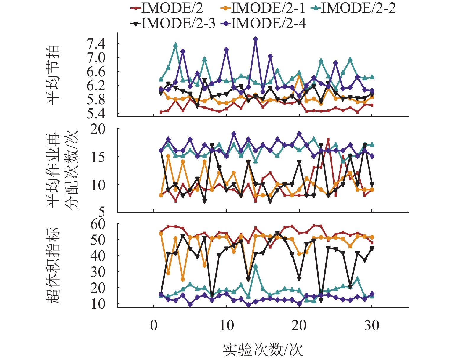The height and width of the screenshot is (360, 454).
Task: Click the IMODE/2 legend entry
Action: [x=167, y=8]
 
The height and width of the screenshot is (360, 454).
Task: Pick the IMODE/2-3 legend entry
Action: [x=173, y=23]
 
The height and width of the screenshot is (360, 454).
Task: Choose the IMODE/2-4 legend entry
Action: [x=263, y=23]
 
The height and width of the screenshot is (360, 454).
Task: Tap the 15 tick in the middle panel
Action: [x=98, y=157]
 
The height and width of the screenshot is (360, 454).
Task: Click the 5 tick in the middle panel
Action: [x=101, y=212]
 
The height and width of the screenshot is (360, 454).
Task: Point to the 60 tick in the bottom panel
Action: [x=98, y=224]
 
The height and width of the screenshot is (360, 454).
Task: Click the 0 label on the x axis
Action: [x=154, y=326]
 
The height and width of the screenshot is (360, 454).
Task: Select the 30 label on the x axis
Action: [x=372, y=326]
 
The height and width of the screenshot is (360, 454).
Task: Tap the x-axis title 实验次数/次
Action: [x=263, y=350]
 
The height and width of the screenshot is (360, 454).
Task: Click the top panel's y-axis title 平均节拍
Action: [x=53, y=75]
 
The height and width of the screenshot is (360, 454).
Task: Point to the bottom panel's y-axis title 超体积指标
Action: [x=53, y=265]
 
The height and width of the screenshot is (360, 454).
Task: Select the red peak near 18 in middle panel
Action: [x=328, y=139]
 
